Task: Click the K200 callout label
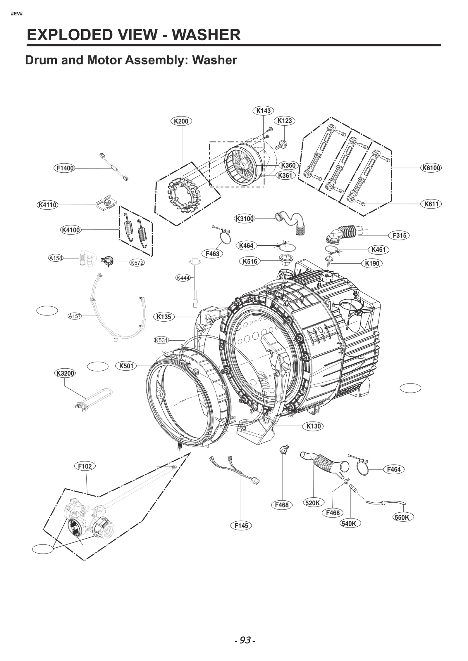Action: (181, 121)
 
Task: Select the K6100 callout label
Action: (431, 168)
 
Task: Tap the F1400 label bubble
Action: (65, 168)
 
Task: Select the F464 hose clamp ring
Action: (362, 468)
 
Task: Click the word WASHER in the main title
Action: (206, 35)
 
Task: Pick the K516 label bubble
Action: (250, 261)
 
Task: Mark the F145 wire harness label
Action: (241, 526)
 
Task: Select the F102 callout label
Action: (85, 466)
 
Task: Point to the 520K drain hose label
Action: (312, 503)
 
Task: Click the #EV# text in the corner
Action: (17, 14)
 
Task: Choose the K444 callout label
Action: (183, 278)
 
